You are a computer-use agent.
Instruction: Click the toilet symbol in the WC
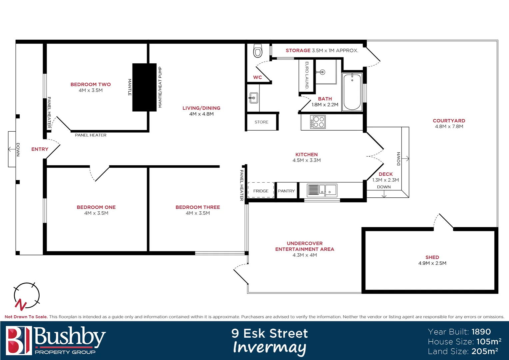coord(258,51)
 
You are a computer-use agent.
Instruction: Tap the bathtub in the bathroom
coord(352,92)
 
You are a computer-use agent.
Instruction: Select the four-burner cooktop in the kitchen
coord(318,122)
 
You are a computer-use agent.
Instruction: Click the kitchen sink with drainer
coord(321,190)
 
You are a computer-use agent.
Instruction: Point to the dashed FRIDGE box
coord(261,191)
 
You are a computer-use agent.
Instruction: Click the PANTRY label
coord(286,191)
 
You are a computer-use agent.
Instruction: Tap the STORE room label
coord(261,122)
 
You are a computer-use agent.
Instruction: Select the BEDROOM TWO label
coord(91,84)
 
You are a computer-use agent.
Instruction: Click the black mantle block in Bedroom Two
coord(144,87)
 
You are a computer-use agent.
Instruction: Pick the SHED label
coord(432,257)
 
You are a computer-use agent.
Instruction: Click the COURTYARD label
coord(449,121)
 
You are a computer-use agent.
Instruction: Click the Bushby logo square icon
coord(19,340)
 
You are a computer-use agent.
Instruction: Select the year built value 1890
coord(481,332)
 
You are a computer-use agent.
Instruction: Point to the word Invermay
coord(269,347)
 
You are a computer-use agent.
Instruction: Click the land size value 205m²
coord(485,351)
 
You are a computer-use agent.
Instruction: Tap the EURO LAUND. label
coord(307,75)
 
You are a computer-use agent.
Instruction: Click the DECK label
coord(385,174)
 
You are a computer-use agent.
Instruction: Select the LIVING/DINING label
coord(201,108)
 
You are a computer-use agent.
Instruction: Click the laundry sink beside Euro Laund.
coord(321,72)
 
